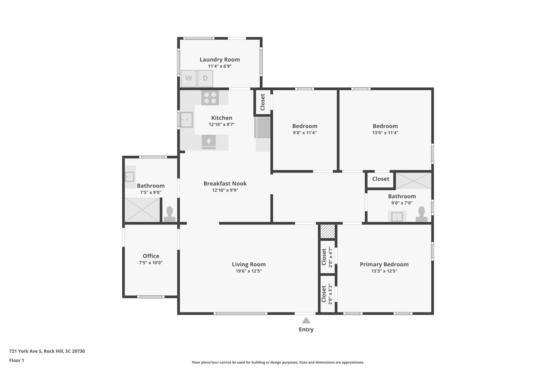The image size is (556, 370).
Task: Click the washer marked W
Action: (x=189, y=78)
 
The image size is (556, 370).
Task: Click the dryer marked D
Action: (x=205, y=78)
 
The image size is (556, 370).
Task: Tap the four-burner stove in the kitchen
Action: (x=210, y=98)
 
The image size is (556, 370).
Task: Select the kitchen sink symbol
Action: (x=187, y=120)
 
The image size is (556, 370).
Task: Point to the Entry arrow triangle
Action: (x=306, y=320)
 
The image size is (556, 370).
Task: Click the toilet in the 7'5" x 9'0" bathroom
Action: (x=169, y=214)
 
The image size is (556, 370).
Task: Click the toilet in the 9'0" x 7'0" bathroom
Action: (x=421, y=214)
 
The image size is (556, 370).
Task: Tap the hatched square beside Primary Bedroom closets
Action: (x=327, y=231)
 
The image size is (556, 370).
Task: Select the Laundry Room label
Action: (x=220, y=60)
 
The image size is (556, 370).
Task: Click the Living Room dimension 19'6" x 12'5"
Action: (x=249, y=271)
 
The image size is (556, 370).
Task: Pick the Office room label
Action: (x=151, y=256)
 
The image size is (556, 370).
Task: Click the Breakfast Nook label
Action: (x=225, y=183)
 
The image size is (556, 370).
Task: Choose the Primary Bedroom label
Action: (x=384, y=264)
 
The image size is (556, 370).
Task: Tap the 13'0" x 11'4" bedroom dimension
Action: (x=385, y=133)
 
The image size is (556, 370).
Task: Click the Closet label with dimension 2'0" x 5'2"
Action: (x=324, y=294)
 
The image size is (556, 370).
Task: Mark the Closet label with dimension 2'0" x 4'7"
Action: (x=324, y=257)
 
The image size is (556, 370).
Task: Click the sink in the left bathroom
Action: (x=129, y=176)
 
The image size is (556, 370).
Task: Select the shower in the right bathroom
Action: (x=413, y=181)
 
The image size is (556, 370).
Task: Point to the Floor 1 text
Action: (x=17, y=360)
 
